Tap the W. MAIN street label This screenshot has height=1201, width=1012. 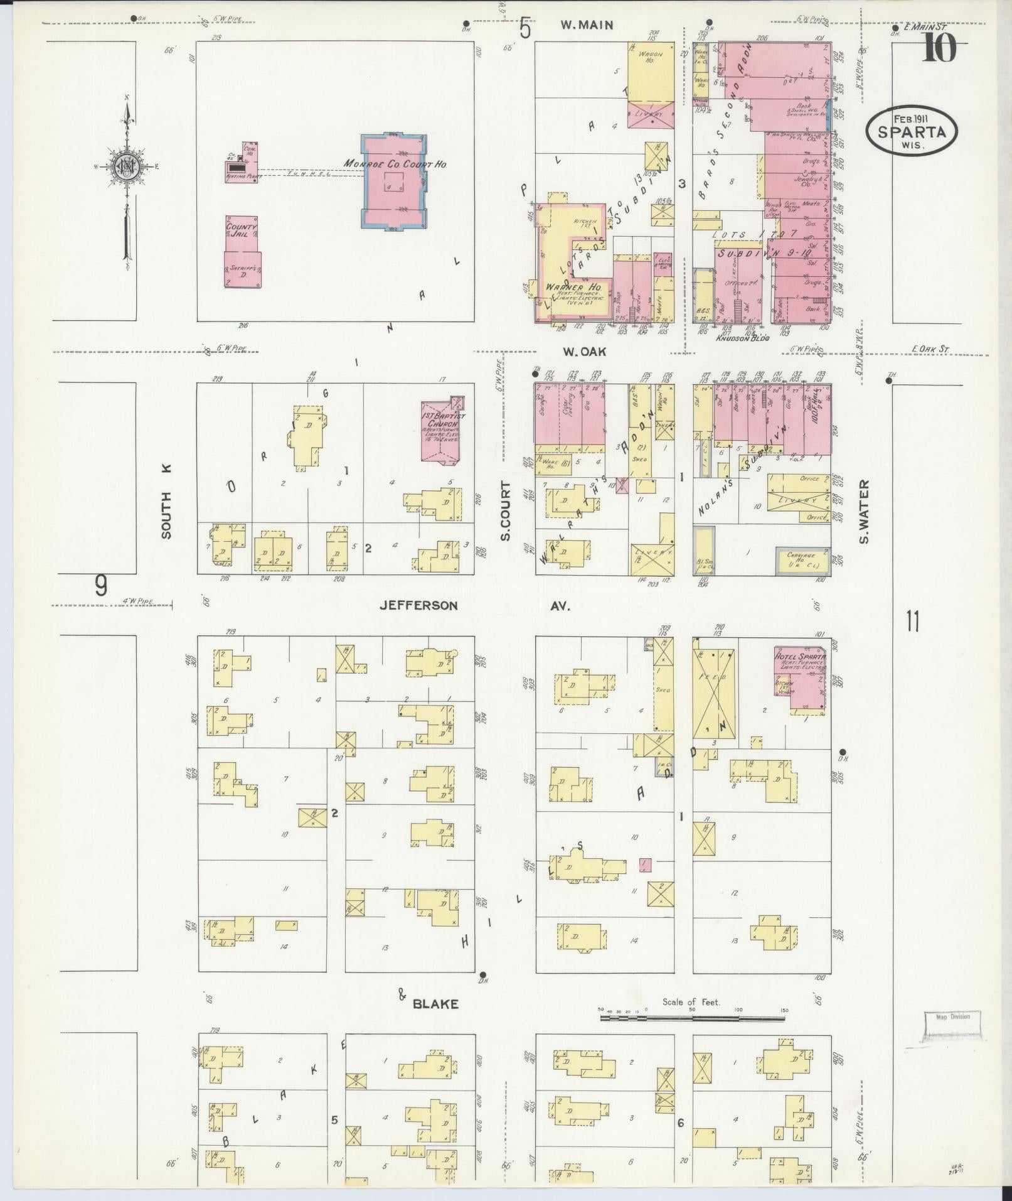click(586, 26)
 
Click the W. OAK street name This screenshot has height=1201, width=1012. click(584, 352)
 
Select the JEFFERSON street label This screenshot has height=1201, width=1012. click(418, 606)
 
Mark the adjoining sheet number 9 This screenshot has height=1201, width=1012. click(100, 586)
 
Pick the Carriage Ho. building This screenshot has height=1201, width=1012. click(803, 560)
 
